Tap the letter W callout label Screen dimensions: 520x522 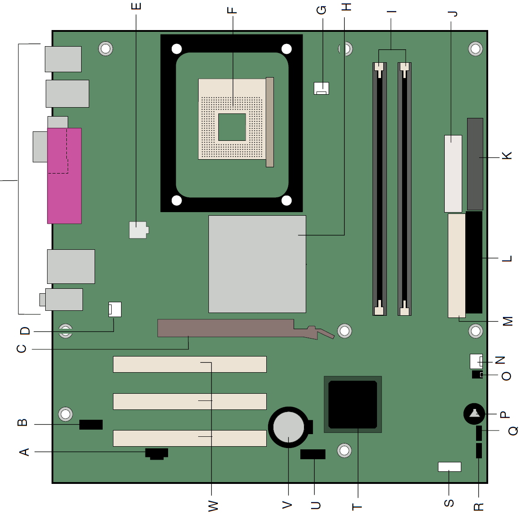click(x=213, y=506)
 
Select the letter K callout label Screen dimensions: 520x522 click(x=507, y=156)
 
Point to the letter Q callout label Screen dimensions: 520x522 click(x=513, y=431)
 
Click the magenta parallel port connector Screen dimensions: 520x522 click(x=64, y=176)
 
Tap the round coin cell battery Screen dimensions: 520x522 click(x=289, y=427)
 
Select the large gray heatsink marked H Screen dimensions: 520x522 click(x=257, y=264)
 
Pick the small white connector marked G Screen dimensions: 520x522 click(x=321, y=88)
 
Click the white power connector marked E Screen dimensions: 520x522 click(x=139, y=230)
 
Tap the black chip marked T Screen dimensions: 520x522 click(x=353, y=405)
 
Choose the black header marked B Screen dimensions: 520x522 click(x=91, y=424)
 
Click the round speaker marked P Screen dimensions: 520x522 click(x=474, y=414)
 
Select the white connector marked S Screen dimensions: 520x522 click(x=450, y=467)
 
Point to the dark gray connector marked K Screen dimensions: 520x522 click(x=475, y=164)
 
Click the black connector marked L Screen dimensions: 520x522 click(x=474, y=262)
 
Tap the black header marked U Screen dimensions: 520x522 click(x=313, y=454)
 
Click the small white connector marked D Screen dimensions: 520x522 click(x=115, y=309)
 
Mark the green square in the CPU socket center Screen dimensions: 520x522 click(x=232, y=127)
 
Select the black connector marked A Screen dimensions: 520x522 click(x=157, y=454)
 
